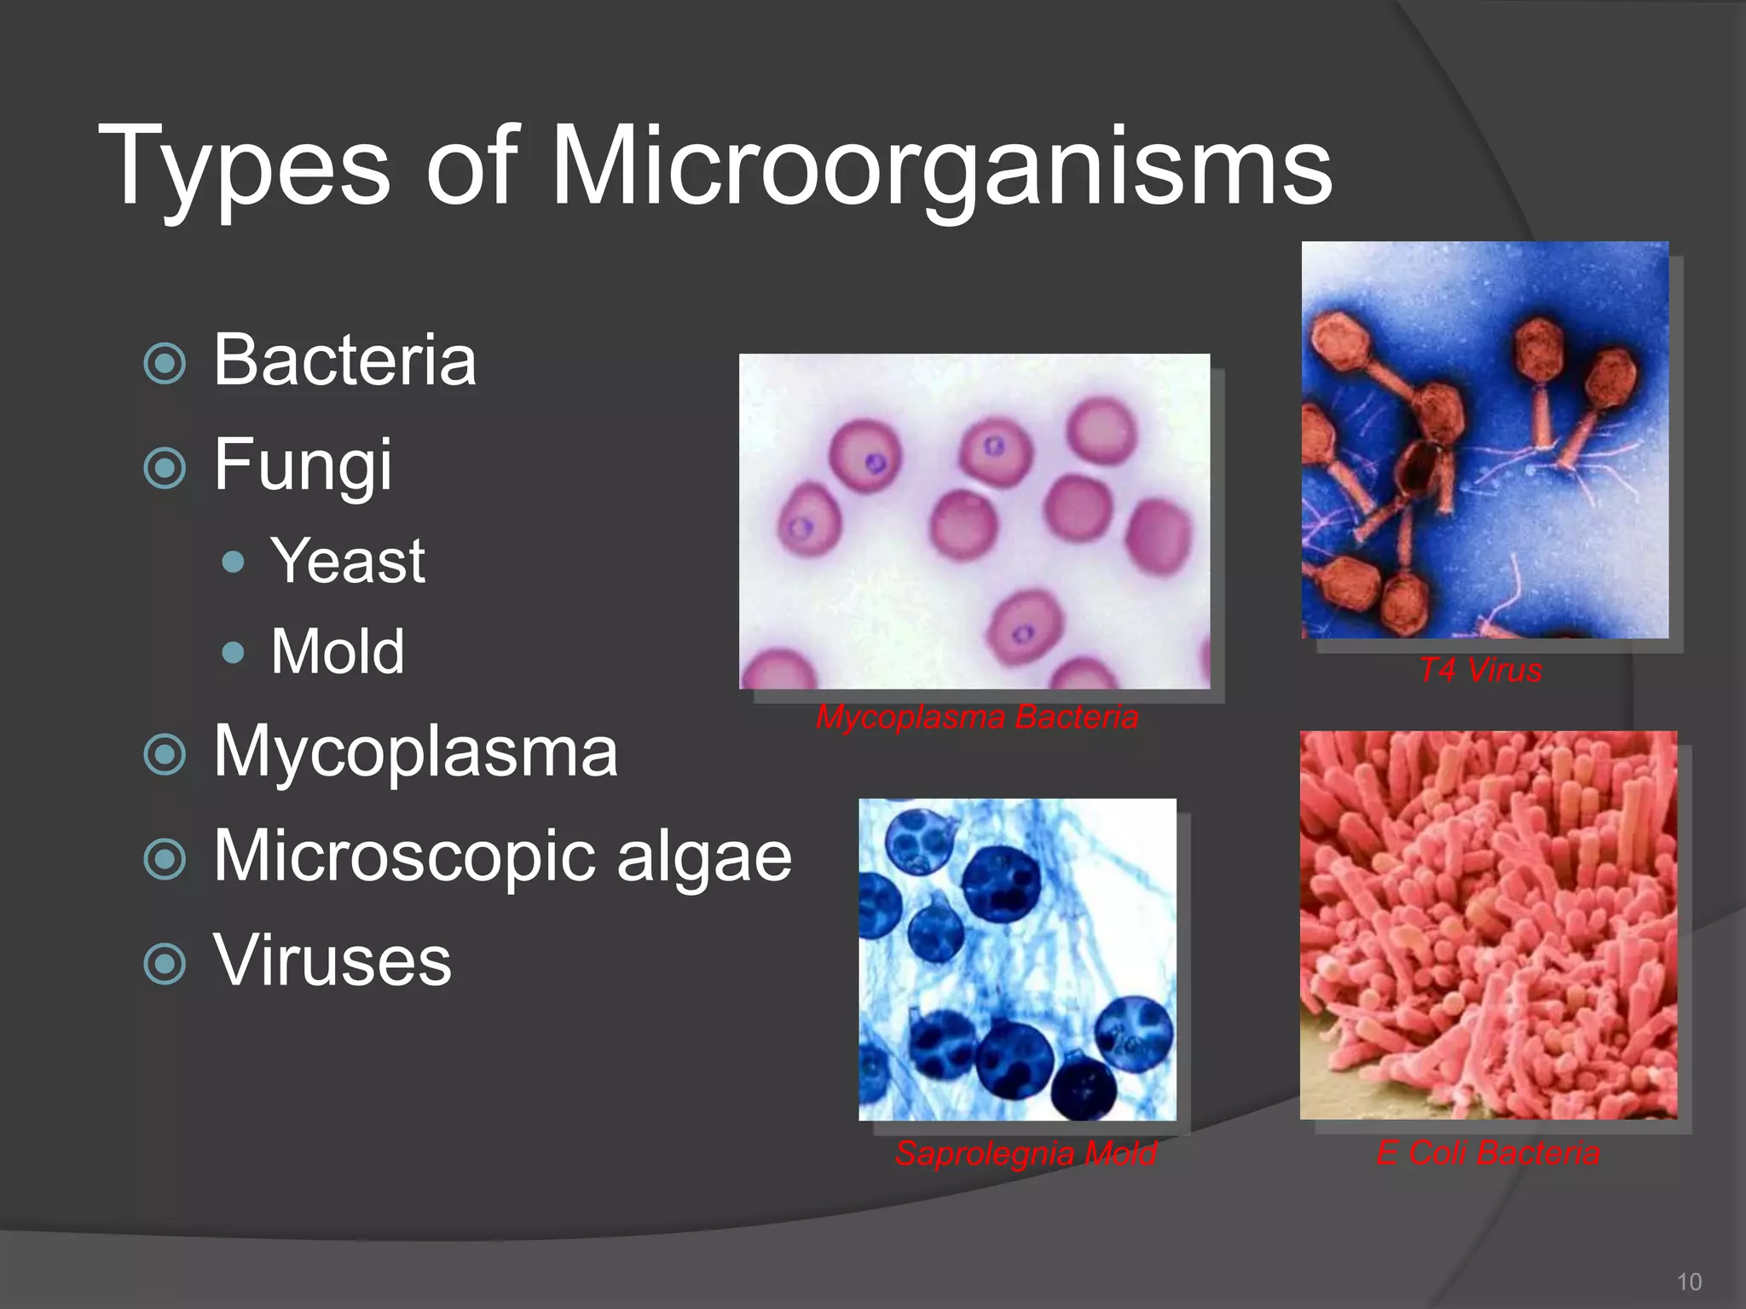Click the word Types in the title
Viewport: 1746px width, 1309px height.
click(244, 166)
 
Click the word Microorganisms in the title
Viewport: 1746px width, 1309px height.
click(942, 166)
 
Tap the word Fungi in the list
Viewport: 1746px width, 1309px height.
click(303, 464)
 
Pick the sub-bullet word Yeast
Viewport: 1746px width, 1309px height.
click(348, 562)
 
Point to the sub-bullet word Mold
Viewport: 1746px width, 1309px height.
click(338, 652)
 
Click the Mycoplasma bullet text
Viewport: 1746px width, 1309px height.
click(415, 753)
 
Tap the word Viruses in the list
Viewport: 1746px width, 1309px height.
click(332, 961)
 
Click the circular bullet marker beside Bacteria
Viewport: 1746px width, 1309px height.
click(165, 364)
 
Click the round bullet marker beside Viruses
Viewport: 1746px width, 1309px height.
click(165, 965)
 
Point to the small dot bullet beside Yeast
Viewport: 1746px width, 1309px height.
click(232, 562)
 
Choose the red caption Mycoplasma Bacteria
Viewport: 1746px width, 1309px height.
click(977, 718)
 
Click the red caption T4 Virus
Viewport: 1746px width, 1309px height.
click(1481, 671)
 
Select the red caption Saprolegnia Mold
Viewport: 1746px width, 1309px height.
click(1026, 1154)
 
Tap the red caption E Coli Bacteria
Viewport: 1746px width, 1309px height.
click(1488, 1154)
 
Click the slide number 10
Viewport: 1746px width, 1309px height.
click(1689, 1282)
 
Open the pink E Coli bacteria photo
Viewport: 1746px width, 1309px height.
click(1488, 925)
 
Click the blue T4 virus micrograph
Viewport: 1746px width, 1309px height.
click(1484, 440)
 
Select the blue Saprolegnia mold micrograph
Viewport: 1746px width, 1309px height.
click(1017, 960)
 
